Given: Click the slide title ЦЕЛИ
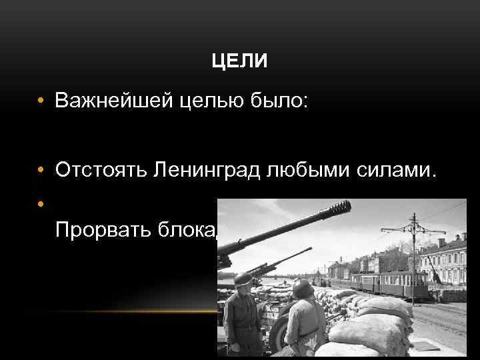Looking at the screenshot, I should tap(239, 63).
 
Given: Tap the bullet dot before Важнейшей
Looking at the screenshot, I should tap(41, 101).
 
